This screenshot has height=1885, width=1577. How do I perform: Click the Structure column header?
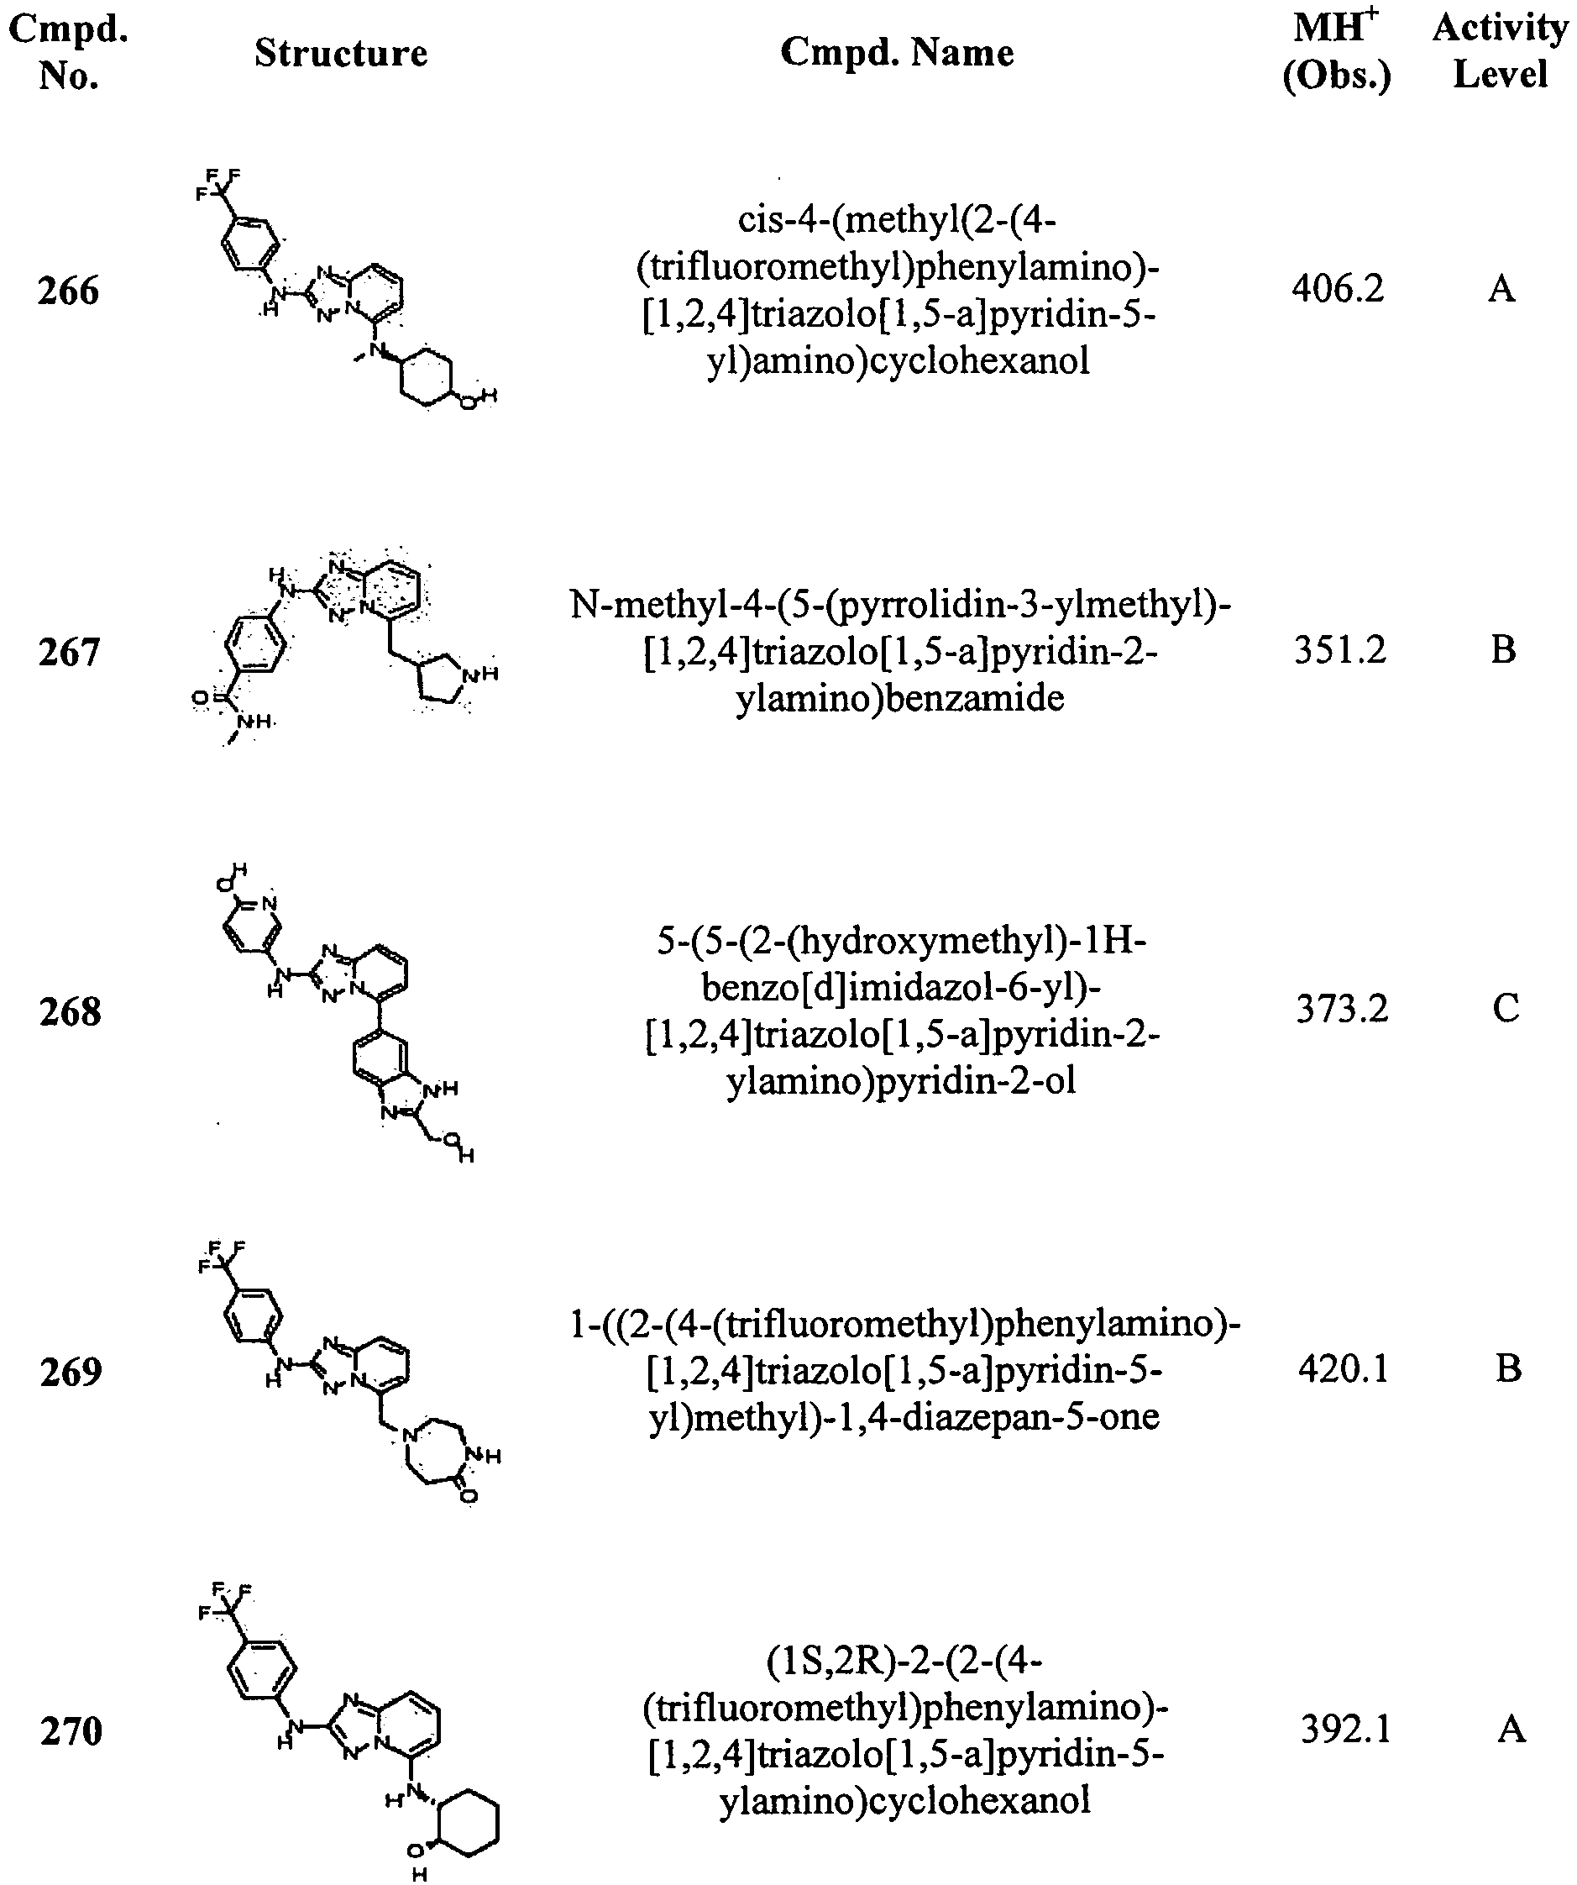tap(341, 53)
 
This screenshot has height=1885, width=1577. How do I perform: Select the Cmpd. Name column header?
tap(898, 53)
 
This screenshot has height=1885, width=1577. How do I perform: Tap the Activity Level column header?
tap(1501, 50)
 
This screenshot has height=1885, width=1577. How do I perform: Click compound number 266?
tap(68, 291)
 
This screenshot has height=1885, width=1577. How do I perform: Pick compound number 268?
tap(70, 1011)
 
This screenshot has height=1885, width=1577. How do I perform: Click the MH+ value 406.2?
tap(1339, 289)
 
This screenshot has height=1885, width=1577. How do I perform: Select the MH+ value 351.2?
tap(1340, 650)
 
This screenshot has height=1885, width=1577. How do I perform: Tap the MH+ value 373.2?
tap(1342, 1009)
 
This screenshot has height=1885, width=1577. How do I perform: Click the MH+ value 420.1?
tap(1344, 1369)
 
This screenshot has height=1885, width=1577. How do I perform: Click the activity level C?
tap(1506, 1009)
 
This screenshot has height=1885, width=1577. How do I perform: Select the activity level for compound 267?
tap(1503, 650)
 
